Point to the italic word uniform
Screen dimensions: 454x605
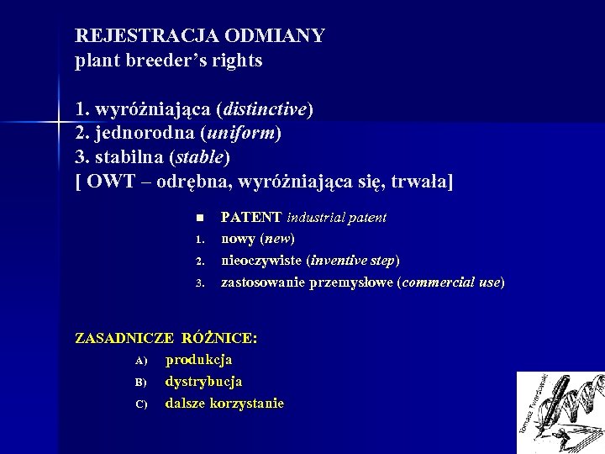tap(244, 133)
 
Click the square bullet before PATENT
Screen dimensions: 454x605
tap(199, 218)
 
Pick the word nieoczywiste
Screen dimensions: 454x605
tap(260, 260)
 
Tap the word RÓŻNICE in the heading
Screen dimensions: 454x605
tap(219, 338)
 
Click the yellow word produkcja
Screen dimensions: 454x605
tap(199, 360)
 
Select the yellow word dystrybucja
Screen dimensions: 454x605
tap(203, 382)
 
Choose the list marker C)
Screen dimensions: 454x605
tap(140, 404)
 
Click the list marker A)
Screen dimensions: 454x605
tap(140, 361)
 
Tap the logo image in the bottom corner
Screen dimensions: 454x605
tap(560, 412)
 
